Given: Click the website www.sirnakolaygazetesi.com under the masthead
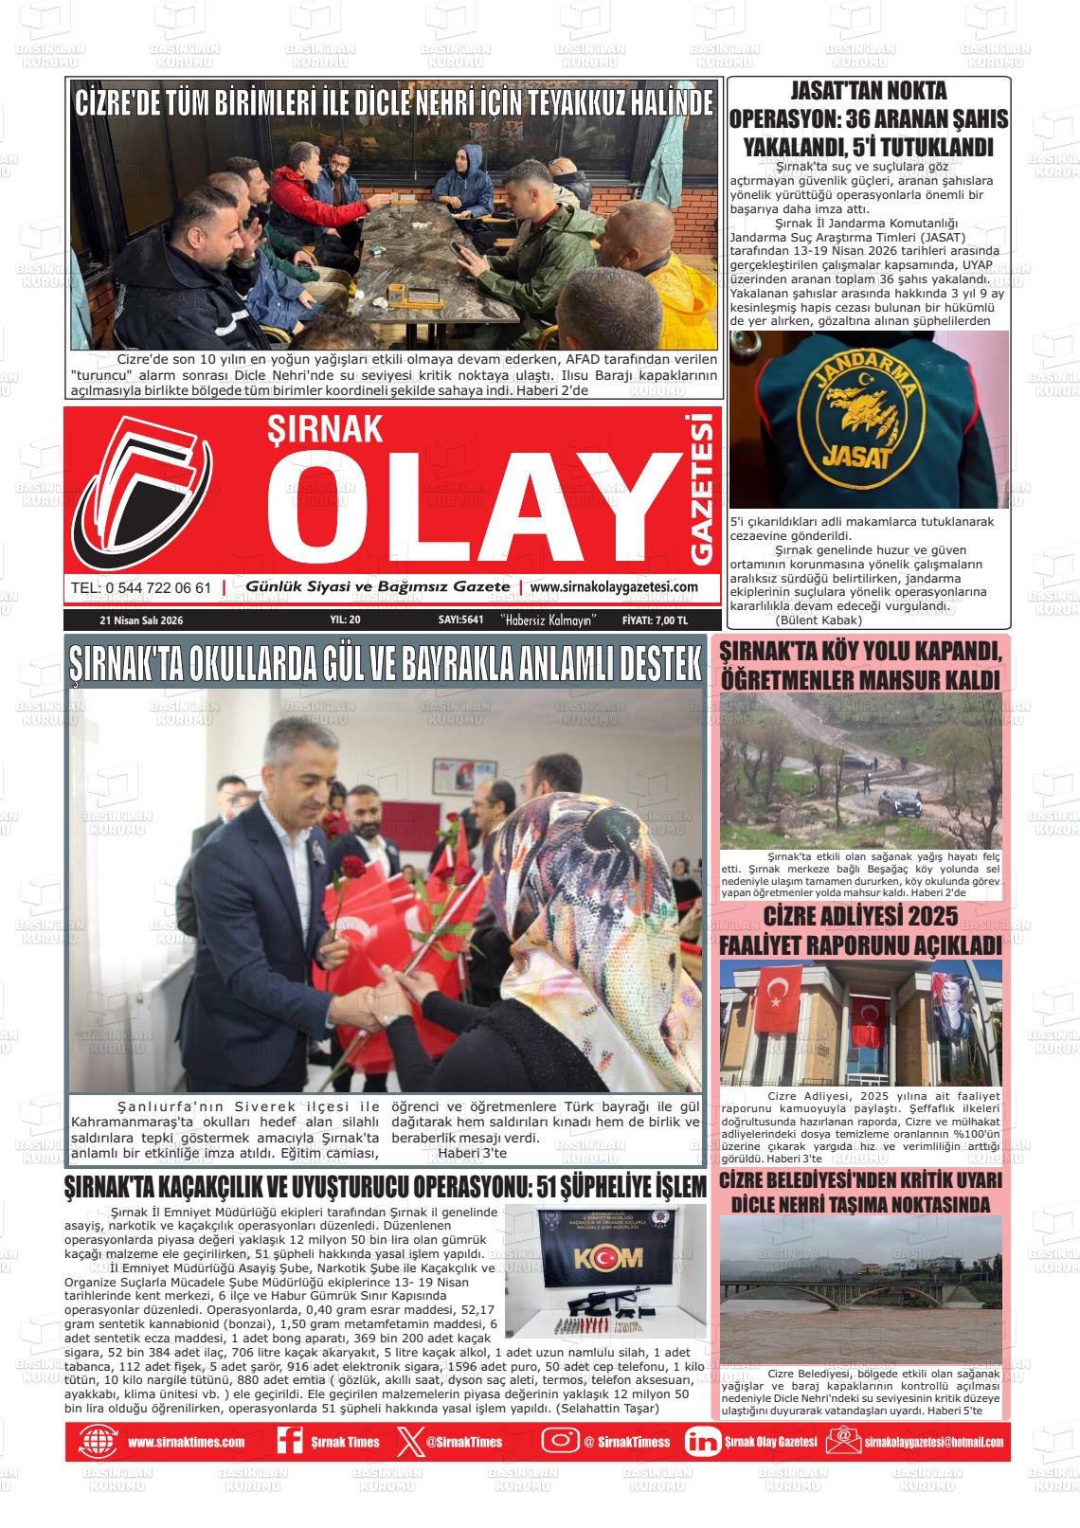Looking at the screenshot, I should [614, 587].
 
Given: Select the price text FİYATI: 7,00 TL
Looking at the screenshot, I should [655, 620].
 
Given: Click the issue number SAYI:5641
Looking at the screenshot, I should [461, 620].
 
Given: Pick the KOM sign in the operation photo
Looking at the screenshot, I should [606, 1257].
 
